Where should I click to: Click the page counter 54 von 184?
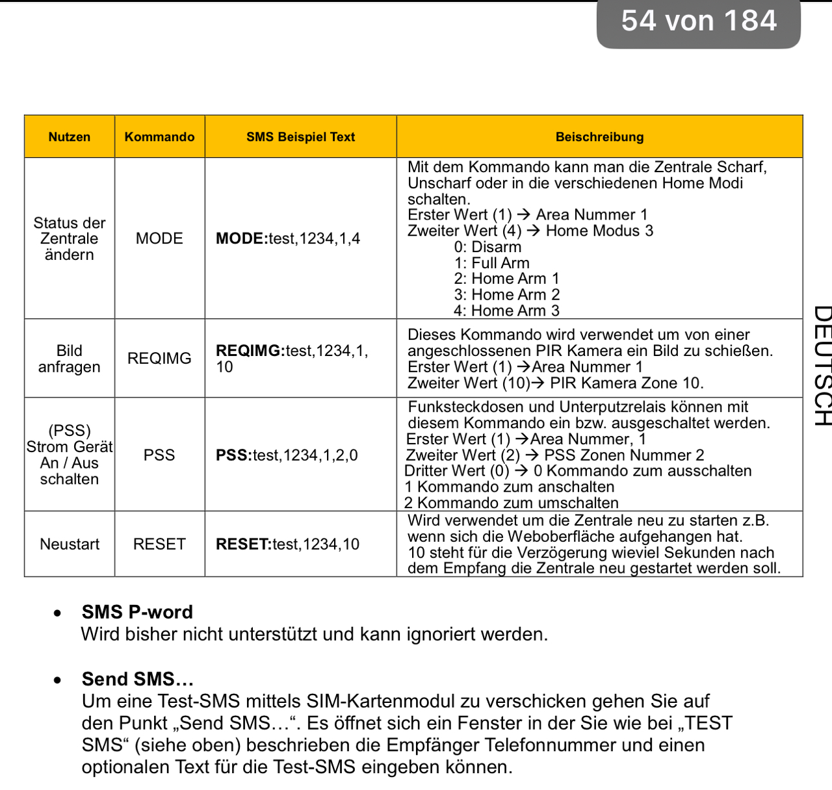tap(699, 21)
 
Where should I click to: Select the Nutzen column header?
tap(70, 137)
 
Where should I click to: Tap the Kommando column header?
tap(159, 137)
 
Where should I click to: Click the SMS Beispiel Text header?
tap(300, 137)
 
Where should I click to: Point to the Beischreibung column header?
tap(599, 137)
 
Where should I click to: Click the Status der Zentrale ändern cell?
tap(70, 238)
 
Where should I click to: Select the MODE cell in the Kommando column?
tap(159, 238)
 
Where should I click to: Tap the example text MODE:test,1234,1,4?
tap(288, 238)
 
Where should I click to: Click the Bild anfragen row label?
tap(70, 359)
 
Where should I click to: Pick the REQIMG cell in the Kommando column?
tap(159, 359)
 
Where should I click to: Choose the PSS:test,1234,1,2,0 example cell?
tap(287, 455)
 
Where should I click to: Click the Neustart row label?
tap(70, 544)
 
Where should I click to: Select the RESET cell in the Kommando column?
tap(159, 544)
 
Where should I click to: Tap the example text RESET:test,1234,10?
tap(287, 544)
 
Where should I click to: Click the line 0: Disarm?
tap(487, 247)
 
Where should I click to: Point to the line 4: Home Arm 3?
tap(506, 311)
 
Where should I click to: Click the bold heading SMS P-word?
tap(137, 612)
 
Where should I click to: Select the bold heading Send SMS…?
tap(138, 679)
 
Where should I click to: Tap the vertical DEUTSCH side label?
tap(822, 365)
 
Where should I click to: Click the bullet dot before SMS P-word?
tap(58, 613)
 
